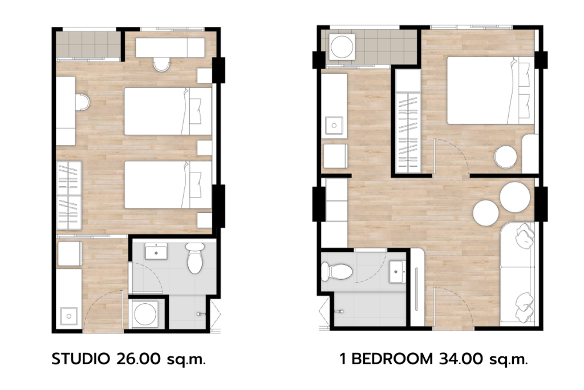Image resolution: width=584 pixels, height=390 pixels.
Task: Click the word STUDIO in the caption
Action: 80,359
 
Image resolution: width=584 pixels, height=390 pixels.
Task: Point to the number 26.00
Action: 139,359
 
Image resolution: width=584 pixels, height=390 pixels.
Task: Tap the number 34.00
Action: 461,359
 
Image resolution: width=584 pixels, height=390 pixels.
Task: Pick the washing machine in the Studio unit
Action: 145,313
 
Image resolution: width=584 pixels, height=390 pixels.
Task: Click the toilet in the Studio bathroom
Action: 196,258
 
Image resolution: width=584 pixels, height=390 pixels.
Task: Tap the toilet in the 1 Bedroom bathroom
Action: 336,271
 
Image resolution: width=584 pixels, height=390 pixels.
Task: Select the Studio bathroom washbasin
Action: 156,251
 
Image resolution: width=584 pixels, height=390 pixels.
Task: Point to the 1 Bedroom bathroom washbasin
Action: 398,271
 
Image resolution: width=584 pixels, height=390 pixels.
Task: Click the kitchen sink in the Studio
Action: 69,316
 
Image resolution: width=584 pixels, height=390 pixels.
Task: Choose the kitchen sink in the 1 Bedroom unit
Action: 334,125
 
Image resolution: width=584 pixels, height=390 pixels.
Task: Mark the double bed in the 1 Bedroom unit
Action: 490,90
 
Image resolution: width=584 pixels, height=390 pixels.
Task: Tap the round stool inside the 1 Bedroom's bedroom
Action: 505,157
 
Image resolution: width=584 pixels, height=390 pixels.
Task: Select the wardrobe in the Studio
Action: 69,196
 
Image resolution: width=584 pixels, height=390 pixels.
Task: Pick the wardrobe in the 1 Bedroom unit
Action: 408,121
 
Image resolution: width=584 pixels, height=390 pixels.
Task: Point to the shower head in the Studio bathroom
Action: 201,314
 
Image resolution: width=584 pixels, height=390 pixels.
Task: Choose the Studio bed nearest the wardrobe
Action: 168,184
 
